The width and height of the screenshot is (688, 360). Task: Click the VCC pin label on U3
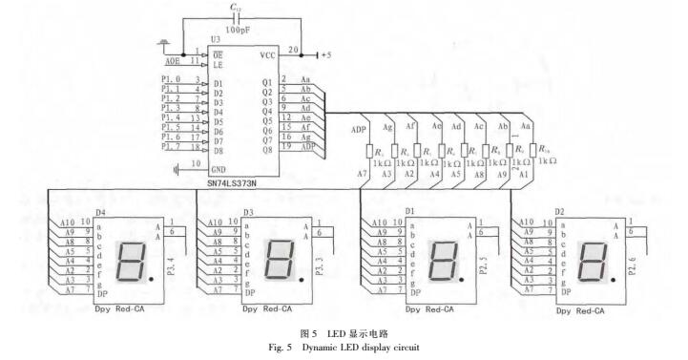tap(268, 55)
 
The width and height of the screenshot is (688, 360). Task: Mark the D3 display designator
tap(249, 212)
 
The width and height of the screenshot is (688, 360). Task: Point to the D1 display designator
tap(409, 211)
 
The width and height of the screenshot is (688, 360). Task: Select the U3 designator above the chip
tap(216, 40)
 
